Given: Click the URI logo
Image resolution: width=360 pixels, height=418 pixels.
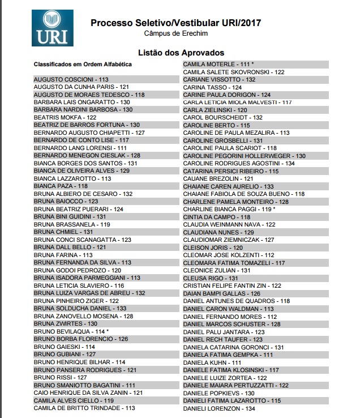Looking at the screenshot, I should tap(53, 27).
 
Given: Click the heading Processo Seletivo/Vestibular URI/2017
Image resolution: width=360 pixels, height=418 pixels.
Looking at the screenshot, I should tap(175, 23).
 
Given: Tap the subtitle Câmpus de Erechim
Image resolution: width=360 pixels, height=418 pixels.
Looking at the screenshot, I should tap(175, 34).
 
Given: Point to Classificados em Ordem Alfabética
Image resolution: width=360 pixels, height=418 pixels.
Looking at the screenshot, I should tap(83, 65).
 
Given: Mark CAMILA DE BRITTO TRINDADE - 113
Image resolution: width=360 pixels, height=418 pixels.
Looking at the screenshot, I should tap(84, 408).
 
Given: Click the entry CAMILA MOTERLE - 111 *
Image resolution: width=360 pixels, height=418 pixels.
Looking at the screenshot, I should tap(218, 65).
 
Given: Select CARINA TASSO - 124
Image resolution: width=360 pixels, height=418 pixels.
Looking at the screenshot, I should tap(212, 87).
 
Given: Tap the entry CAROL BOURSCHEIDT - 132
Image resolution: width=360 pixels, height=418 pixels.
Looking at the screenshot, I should tap(222, 117).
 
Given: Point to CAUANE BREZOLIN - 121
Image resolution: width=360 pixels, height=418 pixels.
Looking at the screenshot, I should tap(218, 178).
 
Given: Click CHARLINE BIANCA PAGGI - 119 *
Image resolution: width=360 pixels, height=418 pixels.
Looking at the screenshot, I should tap(229, 209).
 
